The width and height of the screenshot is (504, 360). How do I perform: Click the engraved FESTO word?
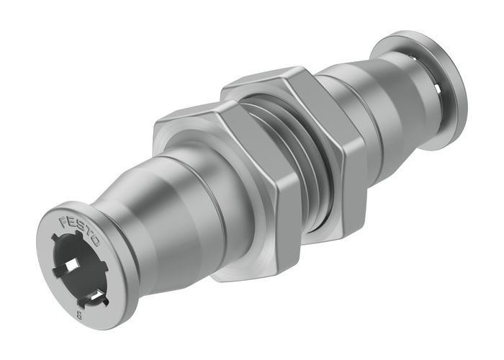[x=80, y=228]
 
